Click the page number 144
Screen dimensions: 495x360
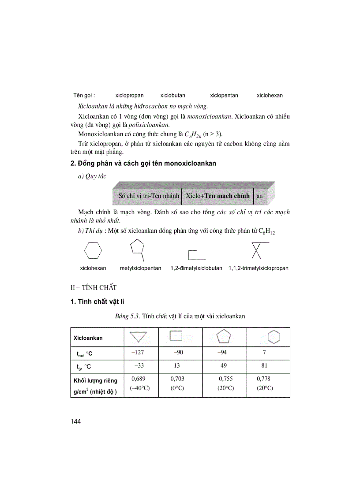point(75,421)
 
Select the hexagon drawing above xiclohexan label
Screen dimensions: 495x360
point(93,250)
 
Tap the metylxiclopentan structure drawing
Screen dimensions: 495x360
point(139,249)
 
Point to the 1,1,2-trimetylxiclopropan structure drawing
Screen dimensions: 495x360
point(257,250)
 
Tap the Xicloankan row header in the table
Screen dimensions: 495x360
point(88,338)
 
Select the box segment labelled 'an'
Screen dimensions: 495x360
point(260,196)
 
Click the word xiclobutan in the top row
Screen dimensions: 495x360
point(172,95)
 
